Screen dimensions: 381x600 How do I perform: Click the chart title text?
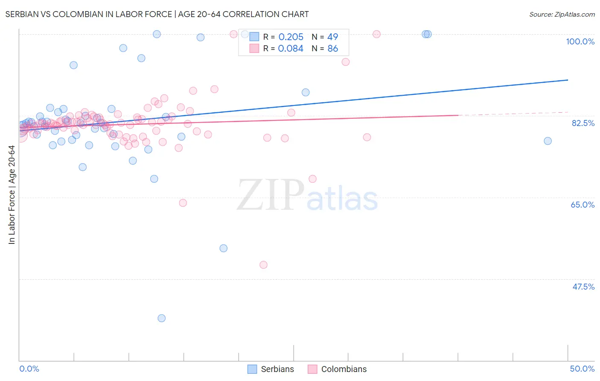click(x=157, y=14)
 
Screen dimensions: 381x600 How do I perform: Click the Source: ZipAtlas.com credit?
click(x=562, y=14)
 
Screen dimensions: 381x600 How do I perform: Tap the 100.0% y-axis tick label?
click(x=580, y=41)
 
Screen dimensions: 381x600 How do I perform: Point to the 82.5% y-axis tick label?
click(x=583, y=123)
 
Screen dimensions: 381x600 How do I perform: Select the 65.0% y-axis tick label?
click(x=583, y=205)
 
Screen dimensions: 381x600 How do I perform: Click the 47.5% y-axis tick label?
click(x=583, y=287)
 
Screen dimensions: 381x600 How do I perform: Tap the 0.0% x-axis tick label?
click(x=29, y=369)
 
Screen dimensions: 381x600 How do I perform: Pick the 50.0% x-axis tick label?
click(x=582, y=369)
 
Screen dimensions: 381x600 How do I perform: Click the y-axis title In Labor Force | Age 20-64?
click(x=12, y=195)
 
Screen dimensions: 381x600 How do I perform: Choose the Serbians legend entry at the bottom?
click(x=271, y=369)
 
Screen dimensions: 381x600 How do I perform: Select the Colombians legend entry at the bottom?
click(x=337, y=369)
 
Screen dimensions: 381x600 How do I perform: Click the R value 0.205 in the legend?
click(x=291, y=37)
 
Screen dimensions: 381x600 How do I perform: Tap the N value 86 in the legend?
click(x=332, y=49)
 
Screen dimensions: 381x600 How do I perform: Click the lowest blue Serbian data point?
click(x=161, y=318)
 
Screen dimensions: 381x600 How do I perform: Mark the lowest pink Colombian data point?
click(x=263, y=265)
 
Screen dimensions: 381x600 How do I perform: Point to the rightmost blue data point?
click(x=548, y=141)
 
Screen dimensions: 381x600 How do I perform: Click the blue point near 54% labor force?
click(x=223, y=248)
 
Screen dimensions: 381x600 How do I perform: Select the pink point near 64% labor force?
click(x=183, y=203)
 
